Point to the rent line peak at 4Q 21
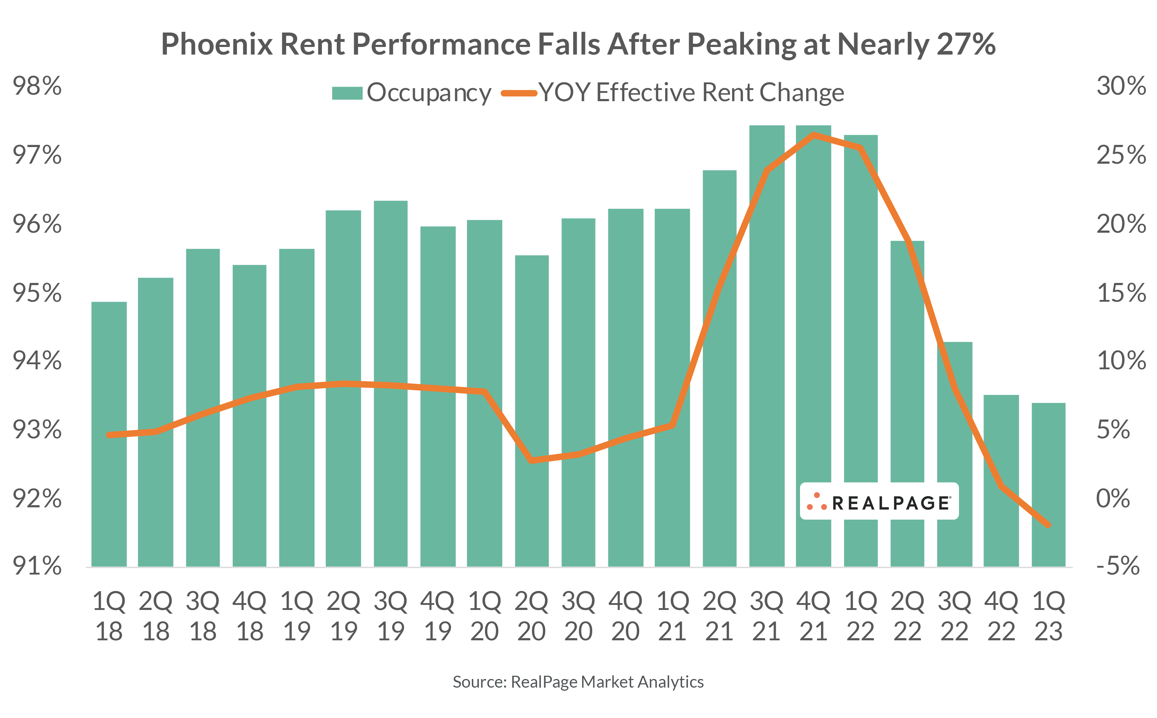pos(813,135)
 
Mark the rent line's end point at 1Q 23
pos(1048,525)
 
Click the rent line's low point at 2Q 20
pos(532,460)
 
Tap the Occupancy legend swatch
pos(347,93)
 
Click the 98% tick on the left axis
pos(37,86)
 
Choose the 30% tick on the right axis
pos(1121,86)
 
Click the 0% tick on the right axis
pos(1113,499)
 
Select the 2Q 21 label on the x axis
pos(719,616)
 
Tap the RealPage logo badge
pos(879,502)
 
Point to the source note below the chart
pos(578,682)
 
